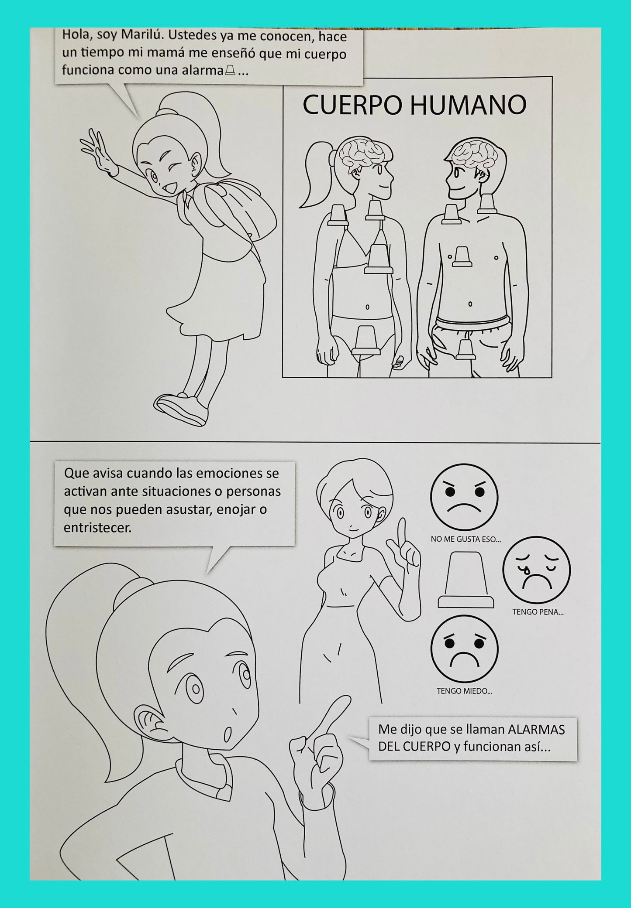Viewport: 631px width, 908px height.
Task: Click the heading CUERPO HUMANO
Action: (414, 106)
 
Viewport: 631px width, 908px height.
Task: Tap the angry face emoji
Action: (464, 498)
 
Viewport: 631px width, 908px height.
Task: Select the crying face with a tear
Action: (537, 570)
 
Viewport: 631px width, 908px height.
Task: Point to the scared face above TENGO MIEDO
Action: (464, 649)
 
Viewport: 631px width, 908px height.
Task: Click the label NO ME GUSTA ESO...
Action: (465, 539)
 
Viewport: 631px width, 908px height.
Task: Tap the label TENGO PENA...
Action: (538, 612)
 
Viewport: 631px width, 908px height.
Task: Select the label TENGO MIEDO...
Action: (464, 691)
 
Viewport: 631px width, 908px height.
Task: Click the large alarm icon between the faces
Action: (466, 580)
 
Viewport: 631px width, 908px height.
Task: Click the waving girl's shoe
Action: (180, 409)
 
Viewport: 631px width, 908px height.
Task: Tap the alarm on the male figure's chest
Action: (462, 256)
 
